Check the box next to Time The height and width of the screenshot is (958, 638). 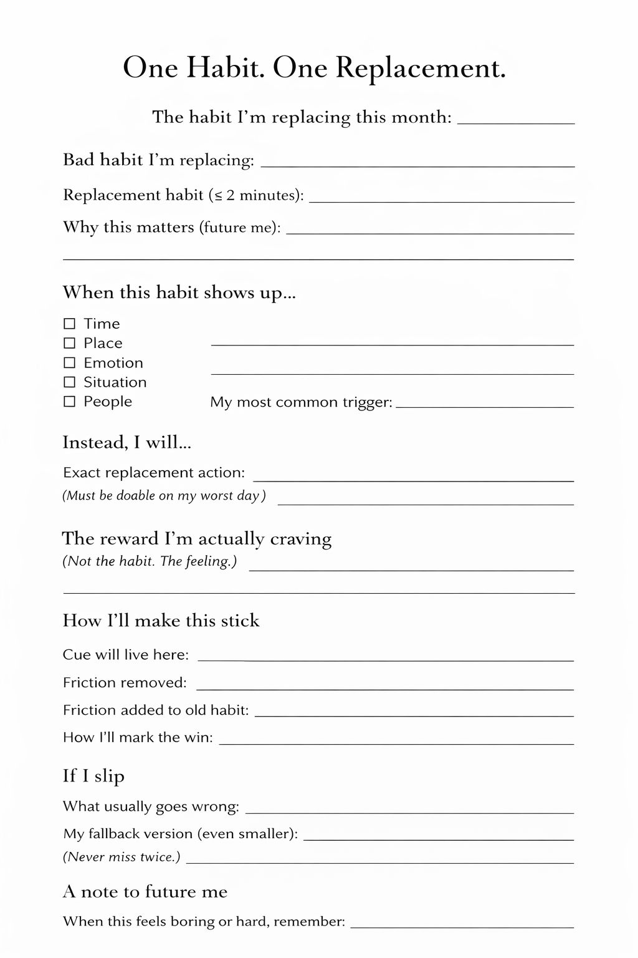(x=70, y=324)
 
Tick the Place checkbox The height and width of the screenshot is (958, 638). (x=70, y=343)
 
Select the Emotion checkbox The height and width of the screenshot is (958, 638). (x=70, y=362)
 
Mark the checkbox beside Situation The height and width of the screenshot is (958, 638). (x=70, y=382)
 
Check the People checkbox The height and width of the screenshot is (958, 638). (x=70, y=401)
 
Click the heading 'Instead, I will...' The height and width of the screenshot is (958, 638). (x=126, y=442)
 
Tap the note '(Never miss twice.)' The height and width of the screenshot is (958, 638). (x=121, y=857)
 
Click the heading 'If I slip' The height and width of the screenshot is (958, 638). (x=93, y=776)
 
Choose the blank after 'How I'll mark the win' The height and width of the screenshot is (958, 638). (x=396, y=740)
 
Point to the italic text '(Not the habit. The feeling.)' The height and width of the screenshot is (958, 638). (x=150, y=561)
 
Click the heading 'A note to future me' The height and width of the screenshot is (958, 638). (x=145, y=892)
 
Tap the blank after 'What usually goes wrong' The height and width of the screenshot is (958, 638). (x=409, y=809)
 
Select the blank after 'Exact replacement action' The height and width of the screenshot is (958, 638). (x=413, y=477)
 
